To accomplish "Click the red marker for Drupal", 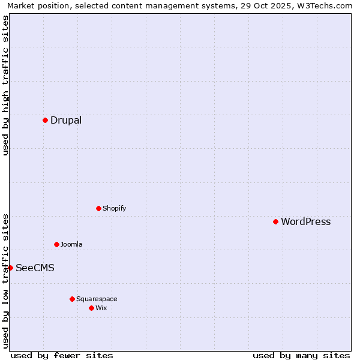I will point(45,120).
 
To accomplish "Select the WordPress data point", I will point(275,221).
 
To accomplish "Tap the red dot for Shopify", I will point(98,208).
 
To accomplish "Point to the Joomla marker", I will point(56,244).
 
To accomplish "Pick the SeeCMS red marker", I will point(10,268).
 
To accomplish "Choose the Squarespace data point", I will point(72,299).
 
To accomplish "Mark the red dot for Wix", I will point(91,308).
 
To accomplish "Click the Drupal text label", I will point(66,120).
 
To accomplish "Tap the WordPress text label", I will point(305,221).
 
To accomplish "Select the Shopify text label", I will point(114,208).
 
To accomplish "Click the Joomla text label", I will point(71,244).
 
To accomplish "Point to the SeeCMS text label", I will point(35,268).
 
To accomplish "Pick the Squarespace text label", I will point(97,299).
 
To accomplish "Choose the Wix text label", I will point(101,308).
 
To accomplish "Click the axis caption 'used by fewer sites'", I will point(62,355).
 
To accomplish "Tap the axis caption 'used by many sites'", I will point(301,355).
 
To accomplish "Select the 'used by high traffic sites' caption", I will point(5,85).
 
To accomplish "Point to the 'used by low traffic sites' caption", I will point(5,281).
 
